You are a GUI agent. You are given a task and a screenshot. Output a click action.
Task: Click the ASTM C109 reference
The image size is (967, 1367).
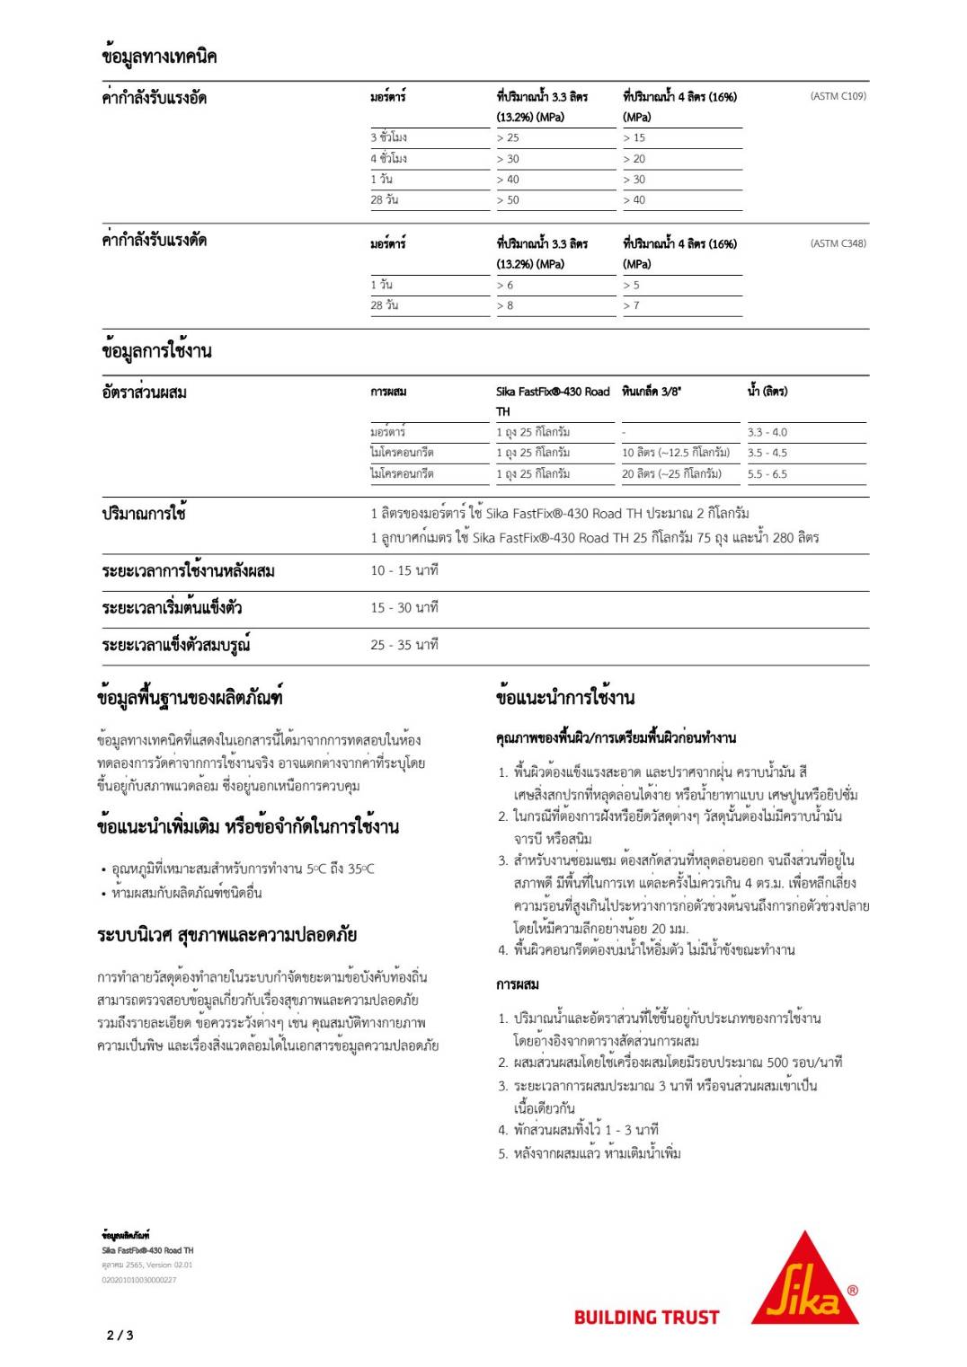(838, 96)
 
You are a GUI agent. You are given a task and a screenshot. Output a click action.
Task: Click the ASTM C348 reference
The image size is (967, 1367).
(838, 243)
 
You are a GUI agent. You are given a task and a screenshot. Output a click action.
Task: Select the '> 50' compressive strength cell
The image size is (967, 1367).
(508, 200)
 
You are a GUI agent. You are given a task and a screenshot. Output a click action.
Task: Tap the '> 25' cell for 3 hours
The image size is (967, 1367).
(508, 138)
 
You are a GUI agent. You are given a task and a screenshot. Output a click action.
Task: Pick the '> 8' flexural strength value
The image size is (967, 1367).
(505, 306)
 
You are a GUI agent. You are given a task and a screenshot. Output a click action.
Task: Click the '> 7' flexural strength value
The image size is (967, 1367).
(631, 306)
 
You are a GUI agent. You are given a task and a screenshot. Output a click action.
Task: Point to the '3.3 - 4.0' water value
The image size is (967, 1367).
(767, 432)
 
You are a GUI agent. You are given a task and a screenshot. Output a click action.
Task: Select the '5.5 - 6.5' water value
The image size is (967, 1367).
(767, 474)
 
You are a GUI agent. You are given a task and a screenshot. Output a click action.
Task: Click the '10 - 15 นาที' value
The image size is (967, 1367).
(404, 570)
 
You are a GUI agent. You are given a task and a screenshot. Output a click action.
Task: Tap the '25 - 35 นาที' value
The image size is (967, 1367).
(404, 645)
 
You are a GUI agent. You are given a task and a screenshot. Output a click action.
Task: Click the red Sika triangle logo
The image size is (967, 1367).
(804, 1280)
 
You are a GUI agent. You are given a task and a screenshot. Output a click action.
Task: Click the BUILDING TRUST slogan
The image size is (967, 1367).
(646, 1318)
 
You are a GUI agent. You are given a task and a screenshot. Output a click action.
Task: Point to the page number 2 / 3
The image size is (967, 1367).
(120, 1336)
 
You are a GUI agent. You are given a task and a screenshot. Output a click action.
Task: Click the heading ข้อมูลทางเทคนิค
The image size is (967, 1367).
(159, 57)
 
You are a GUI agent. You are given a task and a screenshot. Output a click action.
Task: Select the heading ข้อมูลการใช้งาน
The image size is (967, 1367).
(156, 351)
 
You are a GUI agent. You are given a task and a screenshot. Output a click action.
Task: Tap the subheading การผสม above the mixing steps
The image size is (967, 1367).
(517, 984)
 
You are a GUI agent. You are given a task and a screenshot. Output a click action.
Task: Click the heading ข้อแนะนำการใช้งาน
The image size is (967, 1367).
(564, 697)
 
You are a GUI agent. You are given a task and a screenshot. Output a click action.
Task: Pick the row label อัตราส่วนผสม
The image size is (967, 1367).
(144, 392)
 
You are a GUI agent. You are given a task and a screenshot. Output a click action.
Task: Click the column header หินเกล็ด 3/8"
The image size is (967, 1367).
(652, 392)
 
